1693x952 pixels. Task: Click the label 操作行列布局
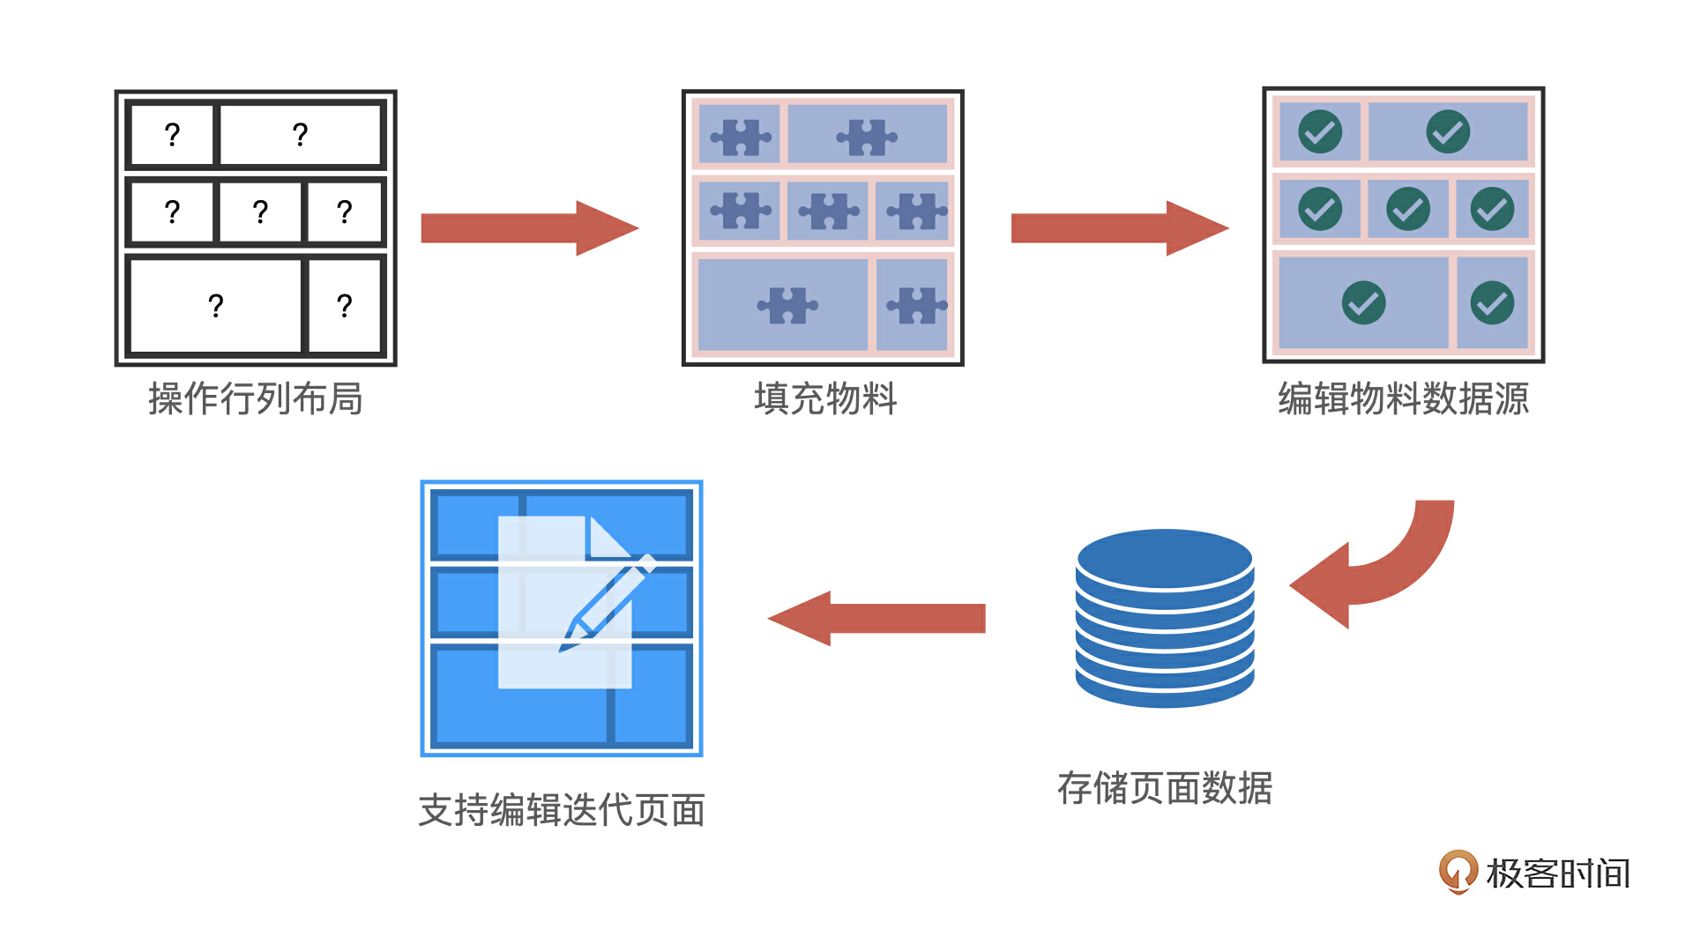coord(255,398)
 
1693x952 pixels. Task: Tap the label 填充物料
coord(825,398)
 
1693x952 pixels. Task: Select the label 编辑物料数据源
coord(1403,398)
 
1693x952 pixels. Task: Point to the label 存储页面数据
coord(1164,788)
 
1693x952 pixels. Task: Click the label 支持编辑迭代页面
coord(561,810)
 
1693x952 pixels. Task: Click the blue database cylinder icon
coord(1164,617)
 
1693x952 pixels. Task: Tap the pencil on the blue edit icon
coord(608,604)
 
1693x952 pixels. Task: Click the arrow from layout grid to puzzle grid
coord(529,228)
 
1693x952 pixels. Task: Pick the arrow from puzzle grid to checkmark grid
coord(1119,228)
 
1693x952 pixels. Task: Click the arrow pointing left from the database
coord(876,618)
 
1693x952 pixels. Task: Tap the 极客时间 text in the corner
coord(1557,874)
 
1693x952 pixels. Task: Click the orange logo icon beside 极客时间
coord(1458,871)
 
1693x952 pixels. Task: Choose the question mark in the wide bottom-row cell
coord(216,306)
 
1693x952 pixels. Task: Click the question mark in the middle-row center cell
coord(260,212)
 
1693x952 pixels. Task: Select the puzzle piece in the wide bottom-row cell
coord(787,306)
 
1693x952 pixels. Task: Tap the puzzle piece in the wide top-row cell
coord(866,137)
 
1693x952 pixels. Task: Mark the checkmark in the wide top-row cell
coord(1448,132)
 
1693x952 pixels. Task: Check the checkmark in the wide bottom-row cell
coord(1363,303)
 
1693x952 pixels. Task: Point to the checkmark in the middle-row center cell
coord(1408,209)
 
